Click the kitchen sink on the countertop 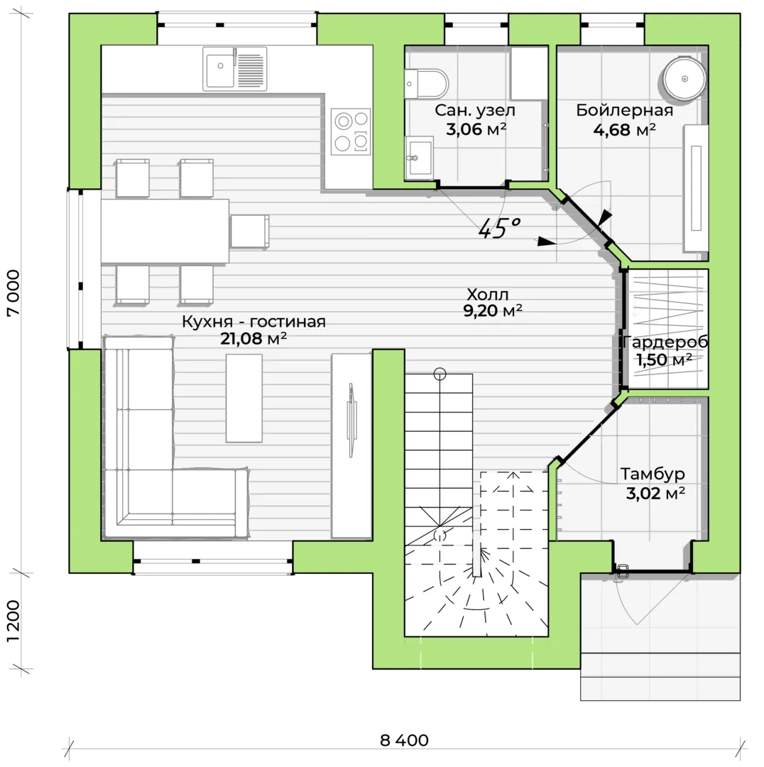point(235,69)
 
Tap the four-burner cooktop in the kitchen point(351,131)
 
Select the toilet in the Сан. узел point(427,84)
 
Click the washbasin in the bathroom point(419,158)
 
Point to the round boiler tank point(684,78)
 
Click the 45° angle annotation point(499,228)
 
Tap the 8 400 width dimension point(404,740)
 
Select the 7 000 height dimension point(13,293)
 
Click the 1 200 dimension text point(13,621)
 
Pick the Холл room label point(488,294)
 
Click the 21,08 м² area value point(253,338)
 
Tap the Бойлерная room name point(625,110)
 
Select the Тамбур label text point(653,474)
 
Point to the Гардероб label point(665,342)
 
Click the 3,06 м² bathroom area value point(476,129)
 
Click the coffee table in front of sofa point(244,398)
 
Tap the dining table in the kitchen point(165,231)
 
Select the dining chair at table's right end point(249,232)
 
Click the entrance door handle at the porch point(622,570)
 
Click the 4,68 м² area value point(625,130)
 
